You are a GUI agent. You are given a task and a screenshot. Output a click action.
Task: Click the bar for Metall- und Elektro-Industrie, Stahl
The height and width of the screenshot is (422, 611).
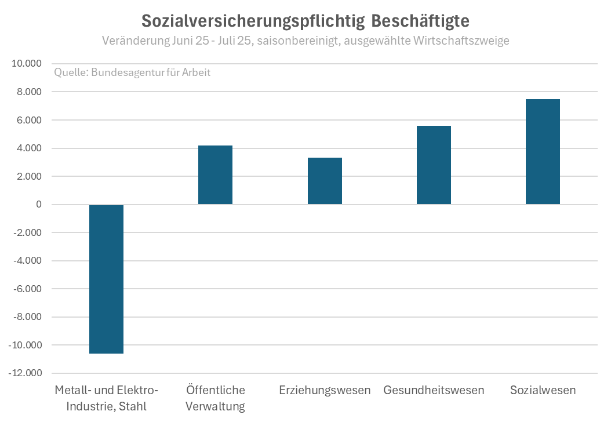pos(107,279)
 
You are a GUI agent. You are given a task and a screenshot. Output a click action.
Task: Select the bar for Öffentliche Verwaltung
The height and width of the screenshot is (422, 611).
pos(215,174)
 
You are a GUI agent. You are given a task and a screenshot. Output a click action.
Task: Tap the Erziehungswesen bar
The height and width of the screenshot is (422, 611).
pos(325,181)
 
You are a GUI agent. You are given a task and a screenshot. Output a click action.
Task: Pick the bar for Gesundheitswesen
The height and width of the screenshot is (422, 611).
pos(434,165)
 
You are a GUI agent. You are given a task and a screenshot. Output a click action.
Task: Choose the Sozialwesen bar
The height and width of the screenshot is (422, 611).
pos(543,151)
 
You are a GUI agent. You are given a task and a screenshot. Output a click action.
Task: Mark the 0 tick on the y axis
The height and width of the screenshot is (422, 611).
pos(39,205)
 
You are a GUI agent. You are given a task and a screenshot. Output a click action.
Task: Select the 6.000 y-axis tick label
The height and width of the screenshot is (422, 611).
pos(30,120)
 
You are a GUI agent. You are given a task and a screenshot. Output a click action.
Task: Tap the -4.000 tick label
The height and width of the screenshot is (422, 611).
pos(28,261)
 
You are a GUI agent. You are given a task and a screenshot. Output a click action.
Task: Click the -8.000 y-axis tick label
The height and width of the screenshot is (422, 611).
pos(28,317)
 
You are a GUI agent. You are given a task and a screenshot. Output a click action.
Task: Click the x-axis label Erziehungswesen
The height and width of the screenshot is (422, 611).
pos(325,390)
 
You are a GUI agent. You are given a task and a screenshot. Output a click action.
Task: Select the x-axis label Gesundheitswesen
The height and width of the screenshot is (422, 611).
pos(434,390)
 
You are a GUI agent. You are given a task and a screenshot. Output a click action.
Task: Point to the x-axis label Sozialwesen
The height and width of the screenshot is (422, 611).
pos(543,390)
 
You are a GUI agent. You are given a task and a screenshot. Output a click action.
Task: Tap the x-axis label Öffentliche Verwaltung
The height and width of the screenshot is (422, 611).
pos(216,398)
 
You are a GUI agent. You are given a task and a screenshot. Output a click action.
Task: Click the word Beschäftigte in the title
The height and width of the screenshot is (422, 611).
pos(420,21)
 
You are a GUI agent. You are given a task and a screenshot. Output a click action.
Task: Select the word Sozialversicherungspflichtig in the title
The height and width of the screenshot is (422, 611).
pos(252,21)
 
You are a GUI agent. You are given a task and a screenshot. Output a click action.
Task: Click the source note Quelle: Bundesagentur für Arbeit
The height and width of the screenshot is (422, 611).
pos(132,73)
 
